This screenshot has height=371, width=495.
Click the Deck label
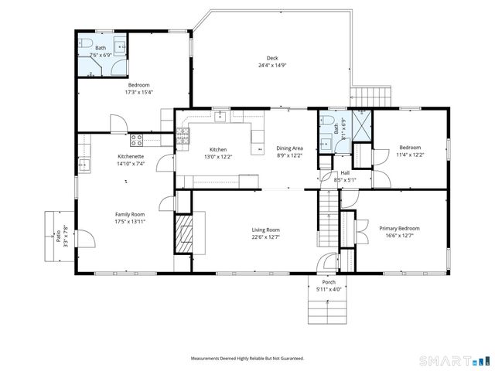point(272,59)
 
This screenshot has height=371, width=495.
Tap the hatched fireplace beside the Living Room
point(183,232)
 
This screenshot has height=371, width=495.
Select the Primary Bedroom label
point(399,228)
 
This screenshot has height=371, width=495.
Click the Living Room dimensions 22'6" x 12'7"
point(265,237)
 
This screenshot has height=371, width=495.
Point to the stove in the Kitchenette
point(137,140)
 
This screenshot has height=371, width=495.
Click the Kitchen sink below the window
point(220,117)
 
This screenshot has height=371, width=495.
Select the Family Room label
point(130,214)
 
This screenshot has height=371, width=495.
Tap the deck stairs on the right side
point(374,96)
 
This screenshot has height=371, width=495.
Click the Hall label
point(345,173)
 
